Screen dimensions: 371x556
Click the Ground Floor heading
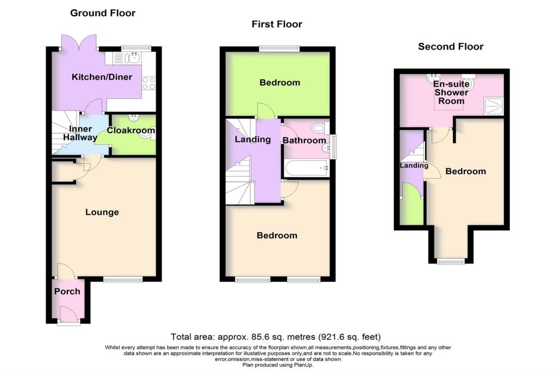point(103,12)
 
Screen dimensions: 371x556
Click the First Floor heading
point(277,24)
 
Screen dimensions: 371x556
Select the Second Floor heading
point(450,46)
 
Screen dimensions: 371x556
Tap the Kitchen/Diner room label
point(102,77)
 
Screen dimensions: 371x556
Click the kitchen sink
point(131,58)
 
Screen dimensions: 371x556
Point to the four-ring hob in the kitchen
point(148,83)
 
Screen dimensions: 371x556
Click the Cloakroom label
point(130,130)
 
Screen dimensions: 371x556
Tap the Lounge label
point(102,212)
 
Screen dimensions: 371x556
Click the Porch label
point(67,291)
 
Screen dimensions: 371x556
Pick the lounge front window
point(123,279)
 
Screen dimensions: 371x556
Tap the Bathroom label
point(304,140)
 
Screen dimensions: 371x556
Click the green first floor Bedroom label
point(280,83)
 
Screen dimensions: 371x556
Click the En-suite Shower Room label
point(451,92)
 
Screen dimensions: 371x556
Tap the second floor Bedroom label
point(465,171)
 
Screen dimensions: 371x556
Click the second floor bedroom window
point(452,261)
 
